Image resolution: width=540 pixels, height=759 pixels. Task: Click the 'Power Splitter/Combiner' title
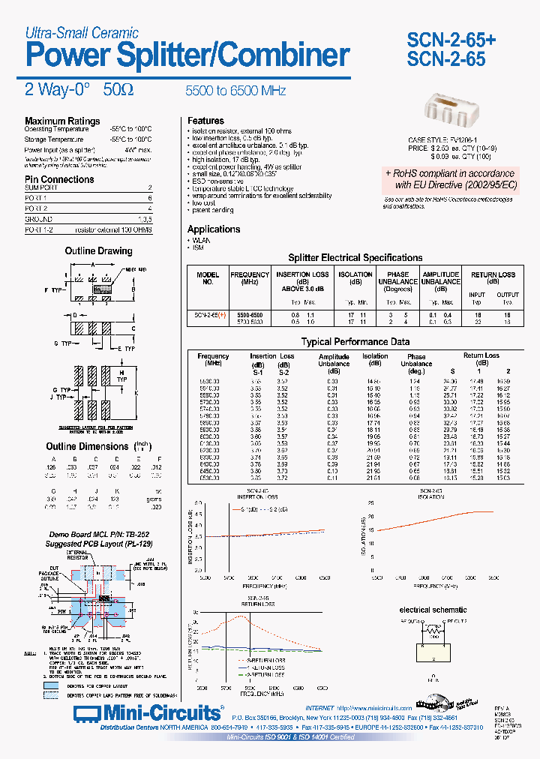tap(187, 55)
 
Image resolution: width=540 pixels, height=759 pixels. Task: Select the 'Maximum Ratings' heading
tap(62, 121)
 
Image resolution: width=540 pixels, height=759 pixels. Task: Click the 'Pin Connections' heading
tap(59, 179)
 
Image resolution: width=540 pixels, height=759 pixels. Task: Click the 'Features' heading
tap(205, 121)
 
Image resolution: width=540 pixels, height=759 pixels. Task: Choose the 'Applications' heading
tap(214, 229)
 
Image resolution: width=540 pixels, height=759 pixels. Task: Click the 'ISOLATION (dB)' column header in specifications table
tap(355, 279)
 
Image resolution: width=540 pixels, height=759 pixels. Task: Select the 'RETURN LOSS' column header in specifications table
tap(493, 275)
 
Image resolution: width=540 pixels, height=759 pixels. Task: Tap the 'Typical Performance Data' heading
tap(355, 342)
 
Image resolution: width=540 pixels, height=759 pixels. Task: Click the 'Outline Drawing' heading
tap(98, 251)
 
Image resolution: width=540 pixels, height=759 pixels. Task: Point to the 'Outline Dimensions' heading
tap(87, 446)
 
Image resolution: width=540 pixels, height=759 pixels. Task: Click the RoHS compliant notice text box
tap(451, 178)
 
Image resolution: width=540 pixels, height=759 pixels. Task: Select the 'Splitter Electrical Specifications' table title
tap(355, 257)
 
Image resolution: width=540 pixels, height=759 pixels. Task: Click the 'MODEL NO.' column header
tap(208, 279)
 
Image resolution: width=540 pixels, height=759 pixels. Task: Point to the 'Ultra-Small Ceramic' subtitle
tap(82, 32)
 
